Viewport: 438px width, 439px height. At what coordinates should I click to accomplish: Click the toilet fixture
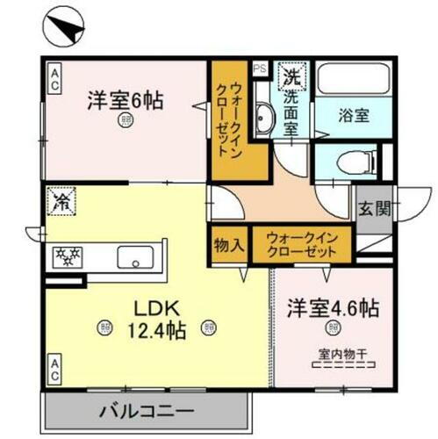click(348, 161)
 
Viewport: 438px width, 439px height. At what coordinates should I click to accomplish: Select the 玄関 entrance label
click(375, 209)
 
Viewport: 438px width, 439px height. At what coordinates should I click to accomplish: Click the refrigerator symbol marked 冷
click(62, 202)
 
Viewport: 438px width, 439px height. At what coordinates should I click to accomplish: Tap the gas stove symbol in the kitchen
click(68, 256)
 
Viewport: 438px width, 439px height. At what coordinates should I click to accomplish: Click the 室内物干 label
click(336, 356)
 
